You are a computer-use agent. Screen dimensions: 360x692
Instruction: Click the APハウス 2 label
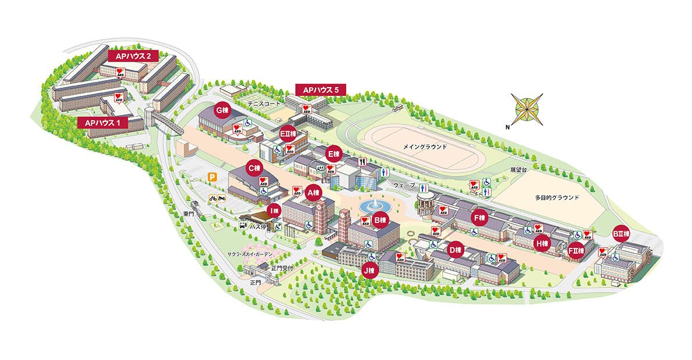pos(132,56)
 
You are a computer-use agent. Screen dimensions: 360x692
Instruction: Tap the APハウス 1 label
pos(102,123)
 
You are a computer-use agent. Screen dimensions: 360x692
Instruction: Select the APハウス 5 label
pos(321,89)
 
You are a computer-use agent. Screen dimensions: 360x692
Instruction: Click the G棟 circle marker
pos(221,110)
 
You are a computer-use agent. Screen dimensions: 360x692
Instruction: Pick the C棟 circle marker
pos(254,168)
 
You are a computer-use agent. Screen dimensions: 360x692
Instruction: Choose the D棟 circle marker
pos(456,250)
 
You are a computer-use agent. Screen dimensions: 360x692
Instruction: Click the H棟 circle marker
pos(542,243)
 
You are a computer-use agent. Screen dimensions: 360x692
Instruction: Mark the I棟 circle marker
pos(274,210)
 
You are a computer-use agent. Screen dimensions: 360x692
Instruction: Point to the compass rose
pos(526,109)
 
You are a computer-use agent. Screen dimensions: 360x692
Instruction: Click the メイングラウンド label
pos(425,147)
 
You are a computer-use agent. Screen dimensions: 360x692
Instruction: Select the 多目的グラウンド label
pos(557,197)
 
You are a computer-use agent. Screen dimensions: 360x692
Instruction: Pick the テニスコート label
pos(264,103)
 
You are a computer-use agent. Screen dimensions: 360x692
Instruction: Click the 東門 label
pos(188,214)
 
